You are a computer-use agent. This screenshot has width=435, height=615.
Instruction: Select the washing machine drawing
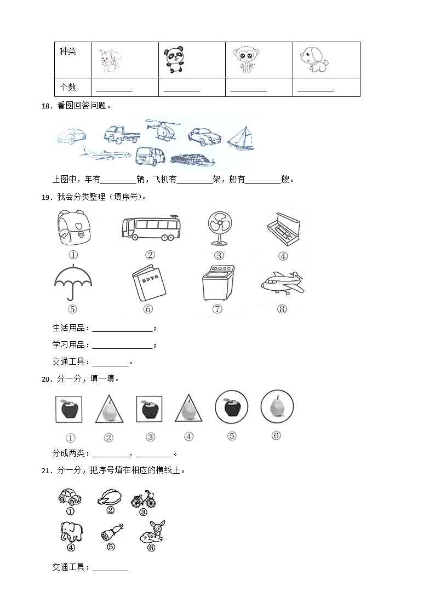(x=217, y=283)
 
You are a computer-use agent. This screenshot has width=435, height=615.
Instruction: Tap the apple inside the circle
(x=232, y=407)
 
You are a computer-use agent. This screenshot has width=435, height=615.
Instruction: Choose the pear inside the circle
(x=277, y=407)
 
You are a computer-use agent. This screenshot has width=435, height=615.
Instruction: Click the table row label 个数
(x=68, y=88)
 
